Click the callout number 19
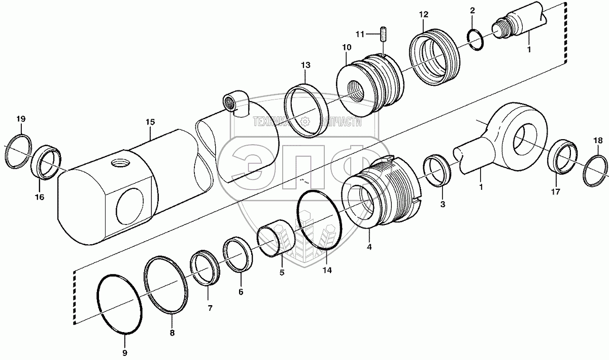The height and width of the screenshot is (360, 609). [20, 119]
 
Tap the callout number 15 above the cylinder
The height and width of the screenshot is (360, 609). [150, 122]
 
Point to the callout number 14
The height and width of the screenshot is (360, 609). [327, 271]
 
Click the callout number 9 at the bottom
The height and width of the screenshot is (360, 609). [125, 352]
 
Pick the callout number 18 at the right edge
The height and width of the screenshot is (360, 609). [599, 140]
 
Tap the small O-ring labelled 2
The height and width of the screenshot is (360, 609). [476, 40]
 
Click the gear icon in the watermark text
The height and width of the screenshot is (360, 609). [305, 121]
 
